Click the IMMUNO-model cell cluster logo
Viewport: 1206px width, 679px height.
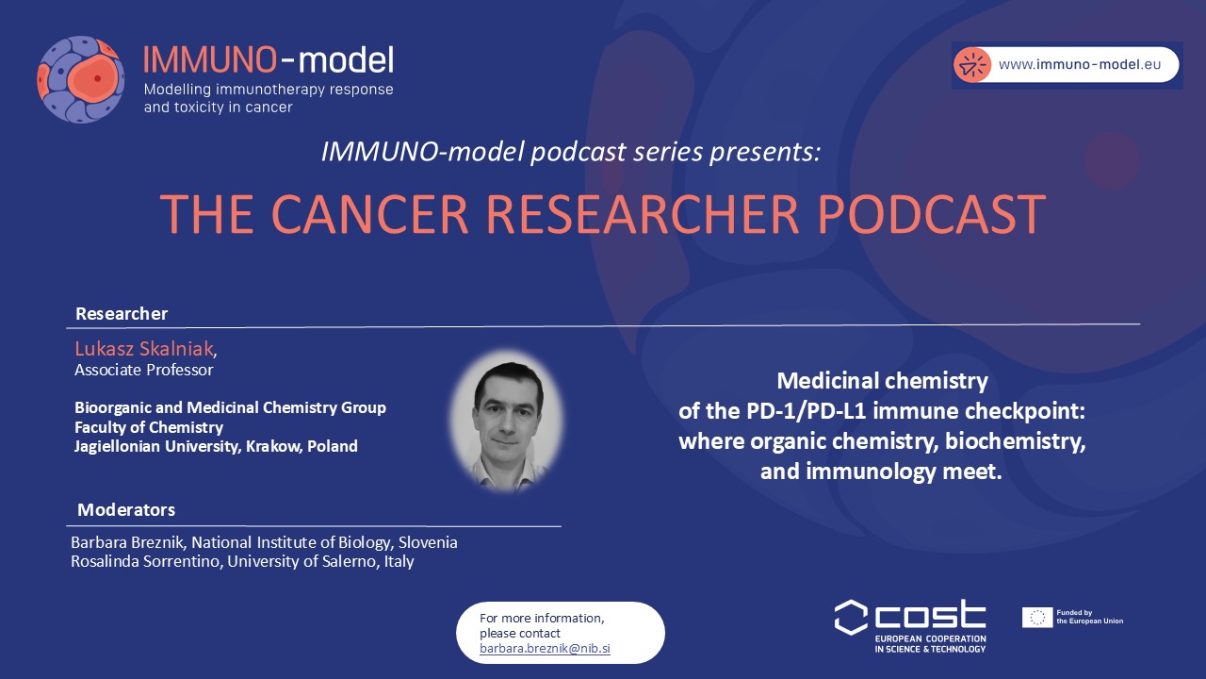click(81, 79)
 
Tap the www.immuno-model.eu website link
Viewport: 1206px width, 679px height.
click(1080, 65)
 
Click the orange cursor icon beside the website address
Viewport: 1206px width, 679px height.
click(972, 65)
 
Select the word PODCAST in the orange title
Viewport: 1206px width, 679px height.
click(932, 214)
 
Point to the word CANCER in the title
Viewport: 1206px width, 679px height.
click(370, 214)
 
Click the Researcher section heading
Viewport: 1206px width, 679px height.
click(122, 313)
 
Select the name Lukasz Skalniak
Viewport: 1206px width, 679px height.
click(144, 349)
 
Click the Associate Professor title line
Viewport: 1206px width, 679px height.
click(144, 370)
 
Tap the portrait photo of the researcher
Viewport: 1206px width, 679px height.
click(507, 422)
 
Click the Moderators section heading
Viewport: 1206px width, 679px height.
click(126, 509)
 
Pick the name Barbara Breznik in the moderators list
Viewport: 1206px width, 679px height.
click(129, 542)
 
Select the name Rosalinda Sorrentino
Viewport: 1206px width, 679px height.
click(145, 561)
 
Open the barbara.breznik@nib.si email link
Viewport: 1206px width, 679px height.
click(545, 648)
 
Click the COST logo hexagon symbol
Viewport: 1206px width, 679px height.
click(851, 618)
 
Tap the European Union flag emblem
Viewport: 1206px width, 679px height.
click(1037, 618)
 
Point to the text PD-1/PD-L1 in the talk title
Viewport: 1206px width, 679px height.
click(806, 411)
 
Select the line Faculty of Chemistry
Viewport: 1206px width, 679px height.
click(149, 427)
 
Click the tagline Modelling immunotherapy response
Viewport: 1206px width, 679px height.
click(269, 90)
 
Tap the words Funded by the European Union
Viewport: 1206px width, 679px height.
click(1090, 617)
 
